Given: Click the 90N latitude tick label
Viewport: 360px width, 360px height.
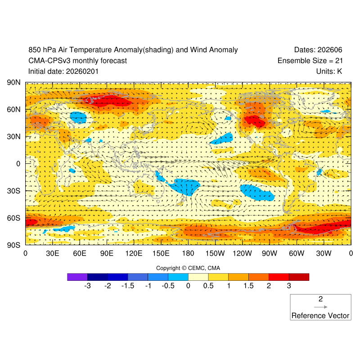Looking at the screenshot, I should (x=14, y=83).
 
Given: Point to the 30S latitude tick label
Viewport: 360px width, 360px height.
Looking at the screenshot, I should (x=14, y=191).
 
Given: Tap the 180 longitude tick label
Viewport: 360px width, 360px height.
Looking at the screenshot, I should (x=188, y=254).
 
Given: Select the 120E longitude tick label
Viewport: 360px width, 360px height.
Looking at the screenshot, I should (x=134, y=254).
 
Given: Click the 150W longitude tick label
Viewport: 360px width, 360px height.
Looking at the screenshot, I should (x=215, y=254).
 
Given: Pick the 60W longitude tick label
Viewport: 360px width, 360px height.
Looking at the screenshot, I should (x=297, y=254).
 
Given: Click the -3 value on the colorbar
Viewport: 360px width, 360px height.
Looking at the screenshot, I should (x=87, y=286).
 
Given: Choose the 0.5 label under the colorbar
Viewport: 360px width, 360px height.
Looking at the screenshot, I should (x=208, y=286).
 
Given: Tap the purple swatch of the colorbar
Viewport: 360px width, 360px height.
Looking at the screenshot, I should (x=77, y=277).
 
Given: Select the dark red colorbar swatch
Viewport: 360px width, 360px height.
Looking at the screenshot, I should (x=299, y=277).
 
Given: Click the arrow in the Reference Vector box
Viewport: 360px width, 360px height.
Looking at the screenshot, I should (x=320, y=307).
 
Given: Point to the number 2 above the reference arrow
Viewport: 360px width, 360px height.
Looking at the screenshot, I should (x=320, y=299).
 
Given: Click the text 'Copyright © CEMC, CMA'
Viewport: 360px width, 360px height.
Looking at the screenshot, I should (x=188, y=268).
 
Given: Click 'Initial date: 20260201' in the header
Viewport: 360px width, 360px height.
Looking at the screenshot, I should (x=63, y=71).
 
